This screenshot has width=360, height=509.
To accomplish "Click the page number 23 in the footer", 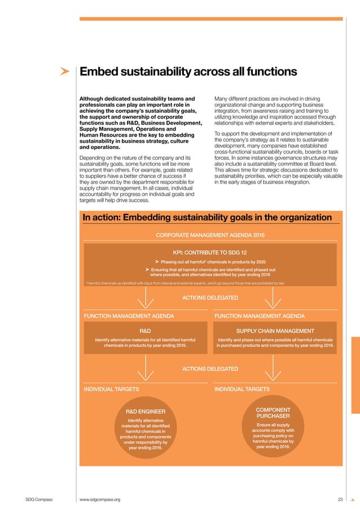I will pos(340,499).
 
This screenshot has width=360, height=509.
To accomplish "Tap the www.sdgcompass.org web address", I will pos(100,499).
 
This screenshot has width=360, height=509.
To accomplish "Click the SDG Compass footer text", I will pos(38,499).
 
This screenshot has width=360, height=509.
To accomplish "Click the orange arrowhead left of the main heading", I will pos(65,72).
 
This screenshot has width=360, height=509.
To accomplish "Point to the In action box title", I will pos(207,218).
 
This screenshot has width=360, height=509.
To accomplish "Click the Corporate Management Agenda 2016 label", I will pos(210,235).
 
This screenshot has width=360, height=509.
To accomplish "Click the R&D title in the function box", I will pos(145,330).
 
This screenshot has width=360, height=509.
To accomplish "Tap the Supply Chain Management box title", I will pos(275,330).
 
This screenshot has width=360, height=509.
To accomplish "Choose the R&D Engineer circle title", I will pos(145,411).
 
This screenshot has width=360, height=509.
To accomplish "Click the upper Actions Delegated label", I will pos(210,297).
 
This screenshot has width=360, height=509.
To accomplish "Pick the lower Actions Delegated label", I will pos(210,368).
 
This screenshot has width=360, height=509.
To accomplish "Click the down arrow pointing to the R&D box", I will pos(146,297).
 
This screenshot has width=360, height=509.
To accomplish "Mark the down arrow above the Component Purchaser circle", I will pos(274,369).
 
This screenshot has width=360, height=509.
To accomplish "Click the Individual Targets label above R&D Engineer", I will pos(111,389).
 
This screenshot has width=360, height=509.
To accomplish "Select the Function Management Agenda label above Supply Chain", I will pos(260,316).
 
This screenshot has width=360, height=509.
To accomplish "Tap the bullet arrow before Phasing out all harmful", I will pos(156,262).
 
